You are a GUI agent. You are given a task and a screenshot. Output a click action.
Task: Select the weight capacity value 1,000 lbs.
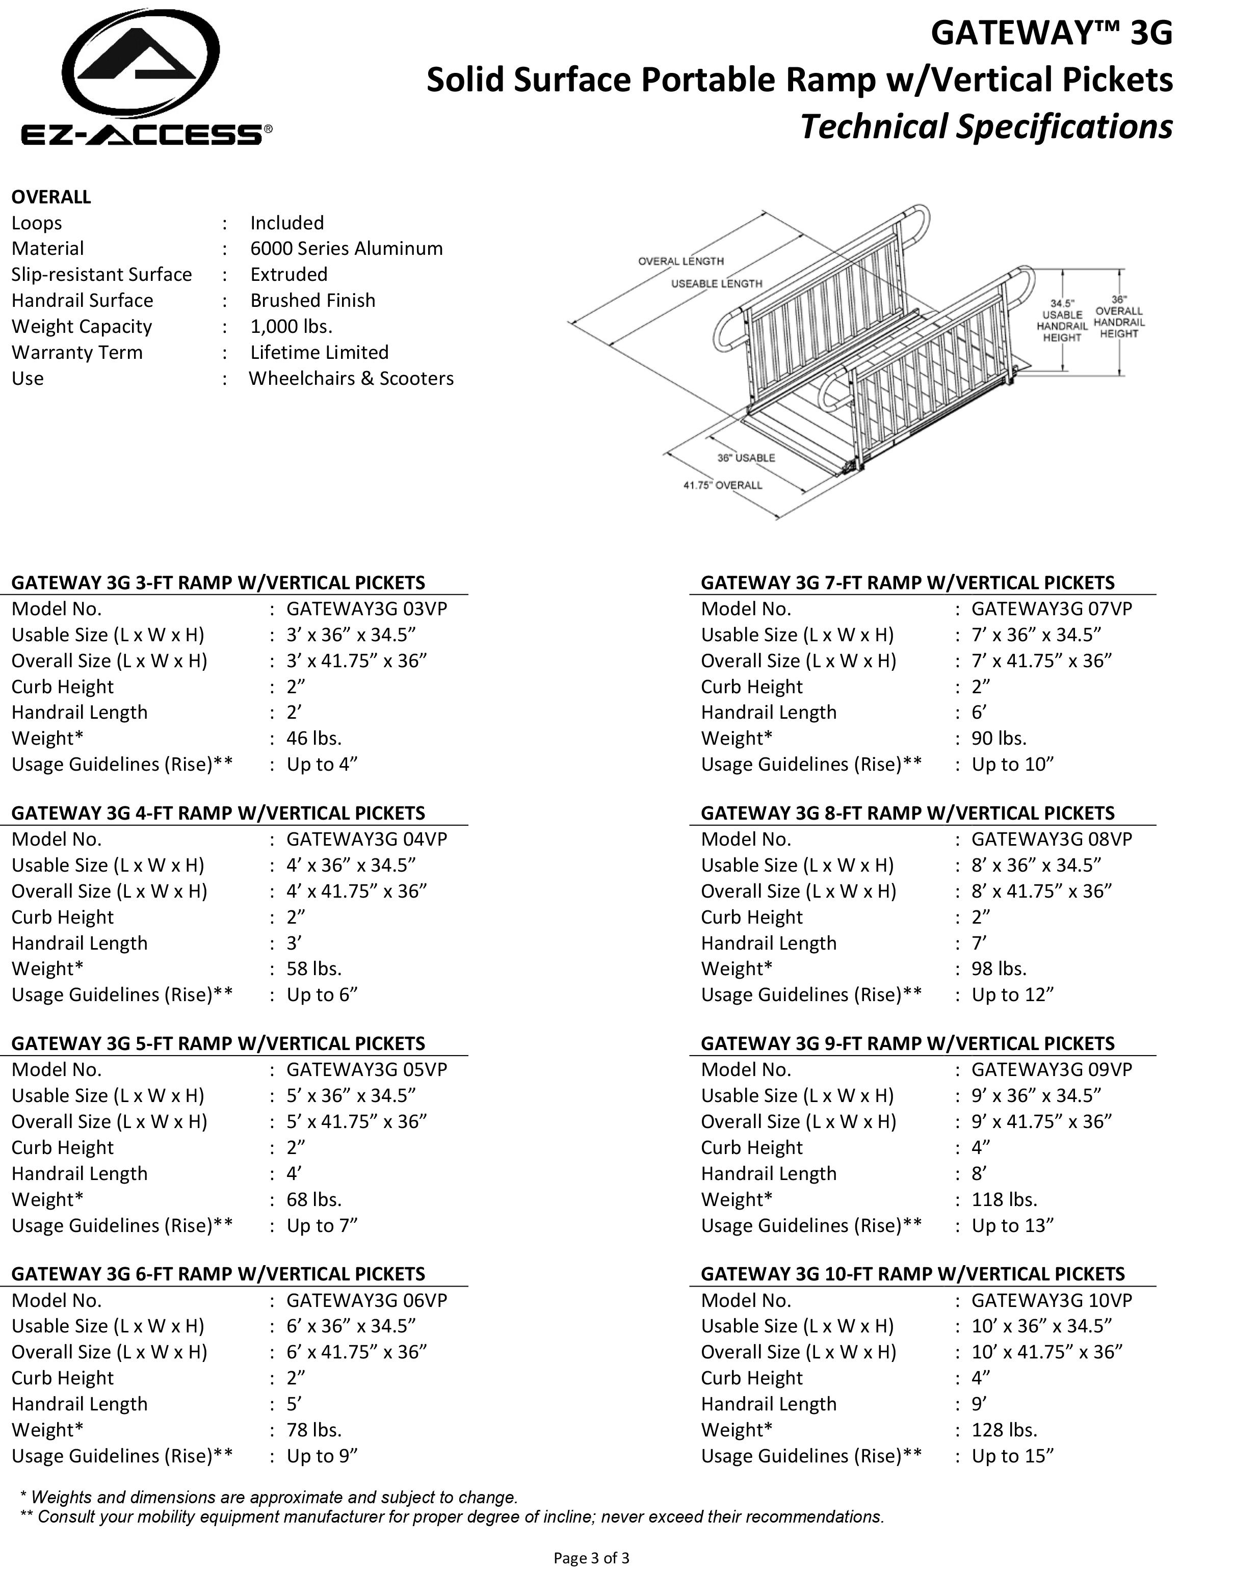click(x=291, y=326)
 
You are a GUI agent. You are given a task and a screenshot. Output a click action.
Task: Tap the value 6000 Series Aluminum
click(x=347, y=248)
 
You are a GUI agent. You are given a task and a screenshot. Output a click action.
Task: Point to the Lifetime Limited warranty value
click(x=319, y=352)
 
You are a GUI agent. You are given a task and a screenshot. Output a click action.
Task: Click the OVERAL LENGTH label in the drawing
click(x=680, y=261)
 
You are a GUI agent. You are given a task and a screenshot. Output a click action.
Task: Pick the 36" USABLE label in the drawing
click(x=746, y=458)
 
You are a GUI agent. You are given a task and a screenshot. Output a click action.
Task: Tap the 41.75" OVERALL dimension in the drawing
click(x=723, y=485)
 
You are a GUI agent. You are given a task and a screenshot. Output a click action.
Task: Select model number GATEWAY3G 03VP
click(x=366, y=609)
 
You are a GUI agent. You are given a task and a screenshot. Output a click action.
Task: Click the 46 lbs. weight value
click(x=314, y=738)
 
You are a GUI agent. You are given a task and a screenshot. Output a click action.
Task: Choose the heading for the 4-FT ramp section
click(x=218, y=813)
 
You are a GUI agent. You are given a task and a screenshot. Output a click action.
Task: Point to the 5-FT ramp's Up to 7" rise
click(x=322, y=1225)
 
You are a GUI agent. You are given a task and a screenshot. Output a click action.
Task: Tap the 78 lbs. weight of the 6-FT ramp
click(x=314, y=1429)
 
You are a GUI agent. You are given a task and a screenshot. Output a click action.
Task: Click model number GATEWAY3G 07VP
click(x=1051, y=609)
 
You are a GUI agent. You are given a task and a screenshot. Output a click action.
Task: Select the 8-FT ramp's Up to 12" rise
click(x=1012, y=994)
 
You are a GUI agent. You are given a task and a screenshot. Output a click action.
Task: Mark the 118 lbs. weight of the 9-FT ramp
click(x=1004, y=1199)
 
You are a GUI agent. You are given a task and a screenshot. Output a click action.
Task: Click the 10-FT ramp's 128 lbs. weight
click(x=1004, y=1429)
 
